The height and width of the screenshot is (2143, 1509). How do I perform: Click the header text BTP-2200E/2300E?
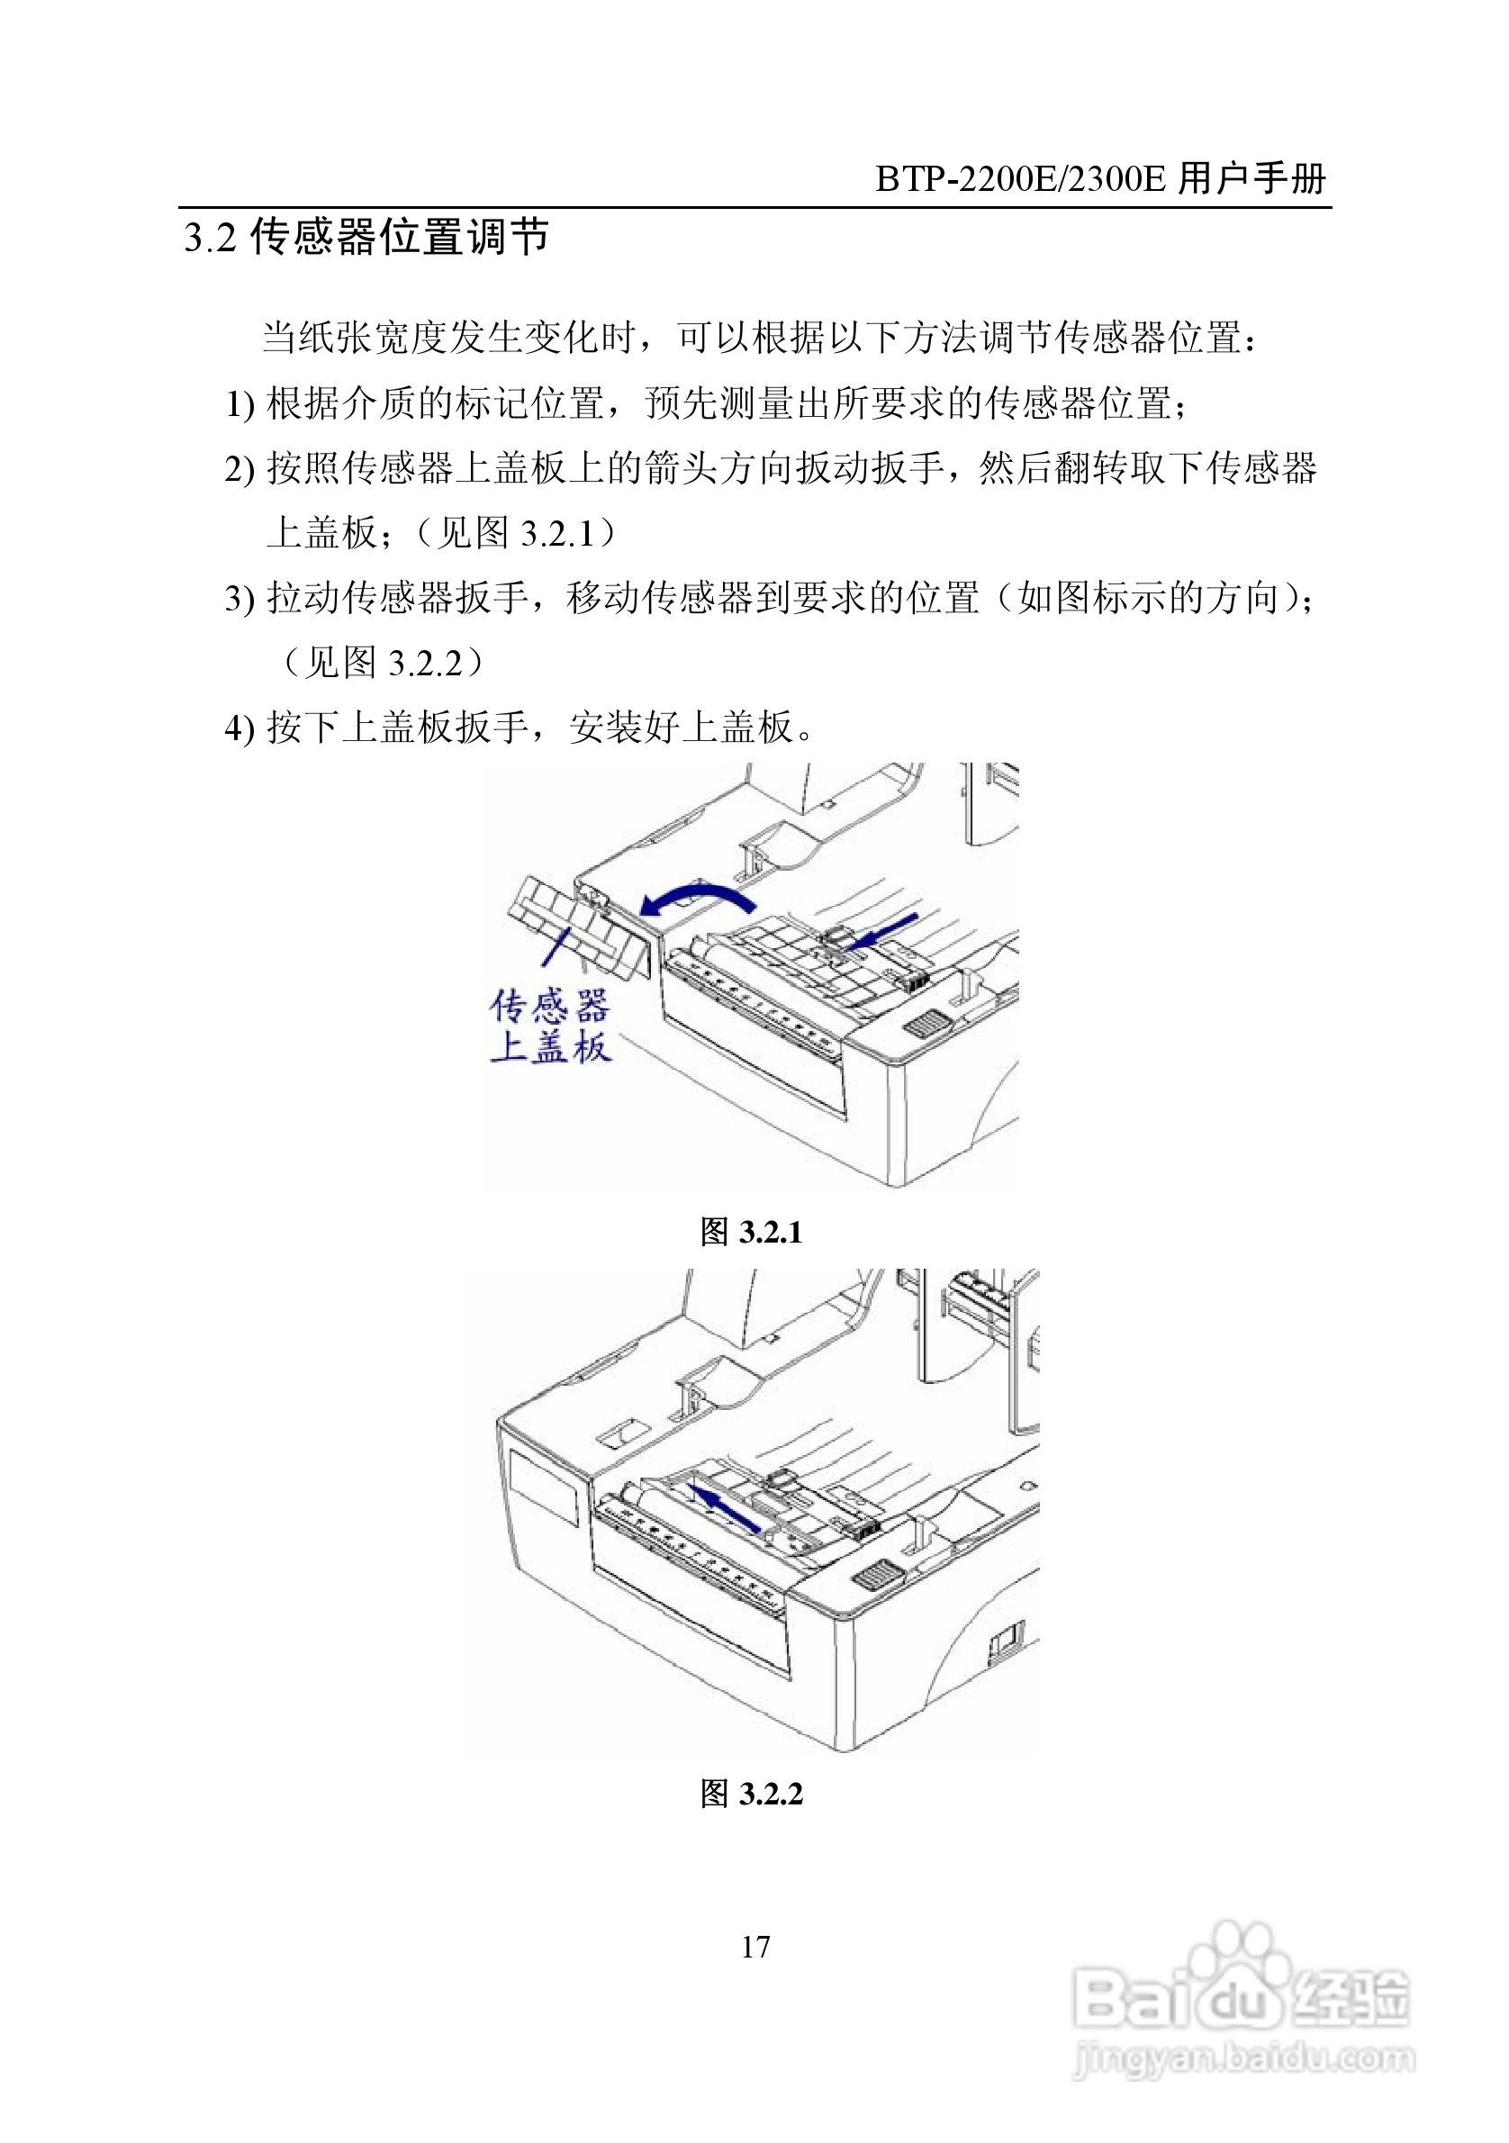pyautogui.click(x=1020, y=178)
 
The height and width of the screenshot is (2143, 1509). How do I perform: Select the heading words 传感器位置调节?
pyautogui.click(x=400, y=236)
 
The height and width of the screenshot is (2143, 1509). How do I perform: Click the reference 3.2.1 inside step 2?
pyautogui.click(x=556, y=535)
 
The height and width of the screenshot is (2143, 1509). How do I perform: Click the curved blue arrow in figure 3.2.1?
pyautogui.click(x=698, y=897)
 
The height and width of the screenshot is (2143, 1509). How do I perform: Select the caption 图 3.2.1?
pyautogui.click(x=751, y=1232)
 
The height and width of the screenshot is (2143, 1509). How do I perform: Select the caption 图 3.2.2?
pyautogui.click(x=751, y=1793)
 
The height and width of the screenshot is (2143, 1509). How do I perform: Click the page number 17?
pyautogui.click(x=755, y=1946)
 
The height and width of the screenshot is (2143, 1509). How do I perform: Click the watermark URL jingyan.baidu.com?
pyautogui.click(x=1243, y=2058)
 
